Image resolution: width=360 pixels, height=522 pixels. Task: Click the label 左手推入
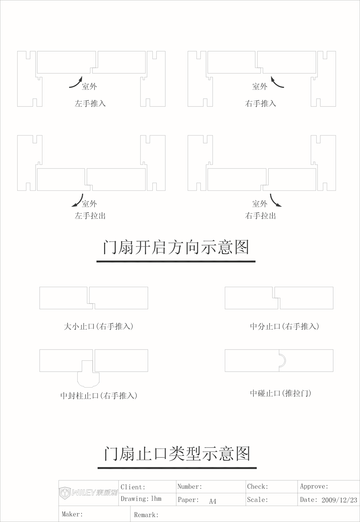(90, 103)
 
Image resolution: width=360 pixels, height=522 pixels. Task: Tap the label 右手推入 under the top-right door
(260, 103)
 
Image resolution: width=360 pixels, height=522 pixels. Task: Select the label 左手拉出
(90, 216)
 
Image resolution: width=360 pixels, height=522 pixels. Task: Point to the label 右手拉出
(260, 216)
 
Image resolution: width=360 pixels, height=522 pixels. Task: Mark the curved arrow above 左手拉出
(79, 202)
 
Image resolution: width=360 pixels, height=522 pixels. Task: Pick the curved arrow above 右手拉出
(274, 202)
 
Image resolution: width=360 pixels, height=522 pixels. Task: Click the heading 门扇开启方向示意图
(176, 247)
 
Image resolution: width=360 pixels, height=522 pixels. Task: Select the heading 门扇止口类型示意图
(177, 454)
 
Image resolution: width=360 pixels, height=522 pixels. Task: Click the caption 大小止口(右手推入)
(98, 326)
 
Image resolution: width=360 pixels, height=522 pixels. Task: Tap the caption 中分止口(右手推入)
(284, 326)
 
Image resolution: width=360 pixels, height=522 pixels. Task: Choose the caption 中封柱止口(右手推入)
(99, 396)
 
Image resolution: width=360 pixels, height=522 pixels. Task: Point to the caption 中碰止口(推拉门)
(280, 393)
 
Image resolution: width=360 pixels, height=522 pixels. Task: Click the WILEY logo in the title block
(88, 493)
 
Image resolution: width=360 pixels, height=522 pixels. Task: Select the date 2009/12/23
(339, 500)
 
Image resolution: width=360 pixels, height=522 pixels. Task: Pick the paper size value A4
(212, 501)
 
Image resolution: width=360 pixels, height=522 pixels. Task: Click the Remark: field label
(146, 515)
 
